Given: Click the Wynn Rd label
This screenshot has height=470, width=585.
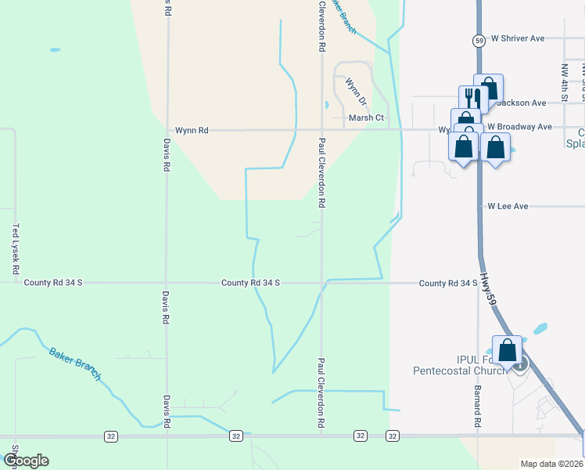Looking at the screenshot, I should point(192,131).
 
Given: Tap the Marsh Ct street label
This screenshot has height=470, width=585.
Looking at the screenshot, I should point(366,117).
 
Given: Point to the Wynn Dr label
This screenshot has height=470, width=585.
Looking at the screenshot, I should point(356,92).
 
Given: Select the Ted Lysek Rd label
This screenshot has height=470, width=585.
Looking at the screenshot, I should point(16,249).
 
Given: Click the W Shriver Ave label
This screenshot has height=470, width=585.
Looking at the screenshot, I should point(517,38).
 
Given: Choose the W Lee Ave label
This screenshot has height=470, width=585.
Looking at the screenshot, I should point(508,206).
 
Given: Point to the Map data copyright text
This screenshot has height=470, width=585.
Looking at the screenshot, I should point(551,464).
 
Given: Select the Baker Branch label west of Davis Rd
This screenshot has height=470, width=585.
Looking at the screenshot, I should point(75,363).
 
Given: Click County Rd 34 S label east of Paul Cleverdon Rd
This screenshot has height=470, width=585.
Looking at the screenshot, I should point(448,284).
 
